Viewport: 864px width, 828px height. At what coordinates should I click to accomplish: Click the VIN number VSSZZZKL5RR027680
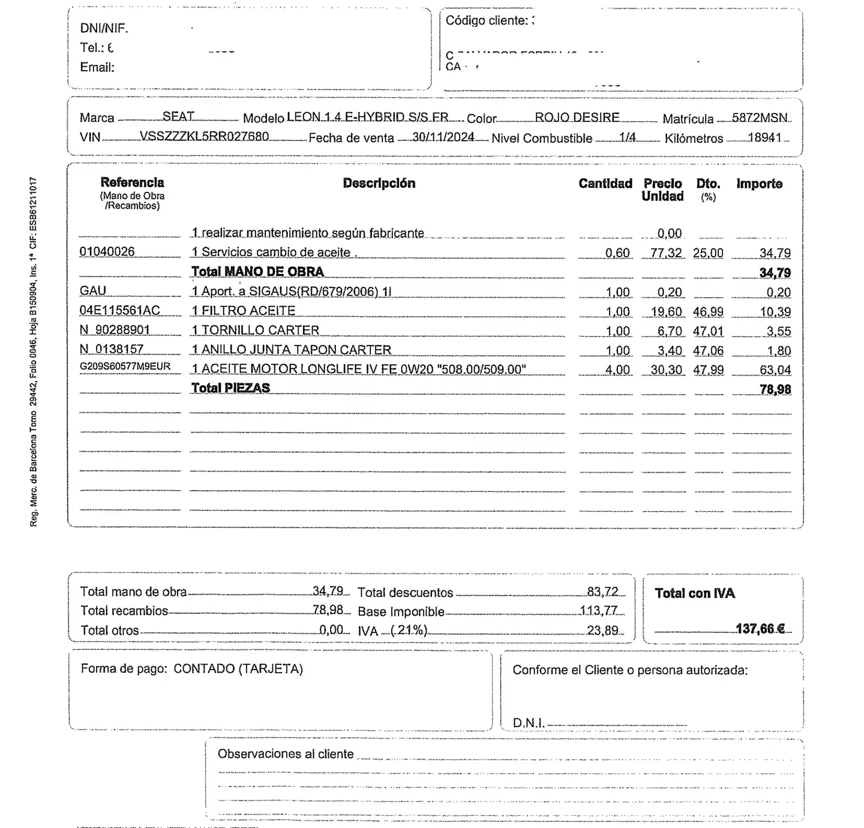[x=204, y=136]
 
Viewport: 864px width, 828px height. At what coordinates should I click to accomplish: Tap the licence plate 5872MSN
[x=760, y=118]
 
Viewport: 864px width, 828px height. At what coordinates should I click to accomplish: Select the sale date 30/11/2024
[x=443, y=137]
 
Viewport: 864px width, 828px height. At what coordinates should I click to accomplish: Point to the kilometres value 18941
[x=764, y=137]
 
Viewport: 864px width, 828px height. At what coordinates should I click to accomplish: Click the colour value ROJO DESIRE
[x=577, y=117]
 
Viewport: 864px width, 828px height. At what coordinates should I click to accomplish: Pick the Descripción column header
[x=379, y=183]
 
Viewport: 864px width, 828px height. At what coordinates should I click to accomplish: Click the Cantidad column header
[x=605, y=184]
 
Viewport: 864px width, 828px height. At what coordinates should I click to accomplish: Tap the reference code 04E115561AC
[x=119, y=310]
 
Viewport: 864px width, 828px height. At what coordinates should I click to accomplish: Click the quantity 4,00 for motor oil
[x=617, y=370]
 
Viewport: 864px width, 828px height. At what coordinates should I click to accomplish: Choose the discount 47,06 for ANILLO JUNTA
[x=708, y=350]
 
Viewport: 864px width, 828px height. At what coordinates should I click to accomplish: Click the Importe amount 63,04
[x=775, y=370]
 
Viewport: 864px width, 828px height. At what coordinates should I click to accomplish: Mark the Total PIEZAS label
[x=230, y=388]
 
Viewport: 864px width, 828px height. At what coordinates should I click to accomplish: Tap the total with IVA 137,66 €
[x=760, y=628]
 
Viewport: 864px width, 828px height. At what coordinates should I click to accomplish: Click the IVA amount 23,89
[x=602, y=630]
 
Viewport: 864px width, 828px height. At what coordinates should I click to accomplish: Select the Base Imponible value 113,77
[x=598, y=611]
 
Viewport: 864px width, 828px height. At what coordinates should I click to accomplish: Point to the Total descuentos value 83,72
[x=602, y=592]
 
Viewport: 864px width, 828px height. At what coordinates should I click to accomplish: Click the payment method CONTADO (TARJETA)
[x=238, y=668]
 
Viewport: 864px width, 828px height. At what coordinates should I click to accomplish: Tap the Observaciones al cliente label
[x=286, y=754]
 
